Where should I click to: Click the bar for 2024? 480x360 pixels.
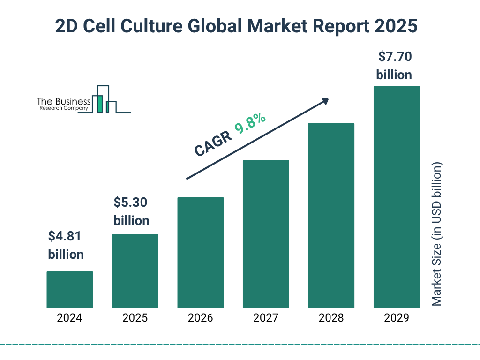pyautogui.click(x=69, y=289)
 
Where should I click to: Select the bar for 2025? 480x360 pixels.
pyautogui.click(x=135, y=271)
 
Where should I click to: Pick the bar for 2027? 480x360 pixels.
pyautogui.click(x=266, y=234)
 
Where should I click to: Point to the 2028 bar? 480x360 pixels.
pyautogui.click(x=331, y=215)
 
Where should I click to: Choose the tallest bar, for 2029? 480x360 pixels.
pyautogui.click(x=397, y=197)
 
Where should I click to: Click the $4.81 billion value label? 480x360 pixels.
pyautogui.click(x=66, y=245)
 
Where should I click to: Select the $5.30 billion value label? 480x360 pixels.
pyautogui.click(x=131, y=211)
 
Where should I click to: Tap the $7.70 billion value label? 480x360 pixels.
pyautogui.click(x=394, y=66)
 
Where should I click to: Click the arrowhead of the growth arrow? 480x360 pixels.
pyautogui.click(x=325, y=101)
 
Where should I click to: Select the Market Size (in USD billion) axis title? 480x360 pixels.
pyautogui.click(x=437, y=234)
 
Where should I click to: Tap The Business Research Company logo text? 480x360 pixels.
pyautogui.click(x=64, y=104)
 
